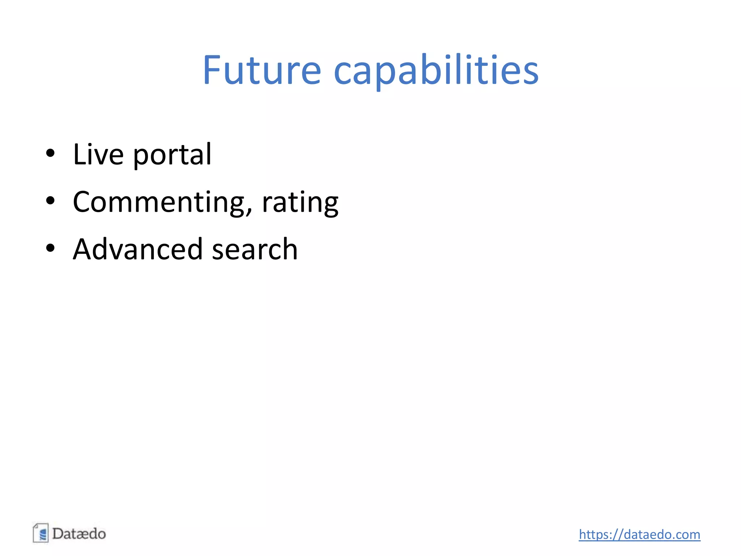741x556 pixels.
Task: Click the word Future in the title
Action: click(262, 70)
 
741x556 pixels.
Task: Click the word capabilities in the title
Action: click(436, 70)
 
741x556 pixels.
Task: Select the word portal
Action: click(172, 155)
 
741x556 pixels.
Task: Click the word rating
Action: click(300, 203)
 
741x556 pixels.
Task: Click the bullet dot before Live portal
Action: click(50, 153)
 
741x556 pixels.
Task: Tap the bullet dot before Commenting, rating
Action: click(50, 201)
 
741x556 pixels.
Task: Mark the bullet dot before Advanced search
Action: click(50, 248)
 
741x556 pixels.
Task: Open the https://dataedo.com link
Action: click(639, 534)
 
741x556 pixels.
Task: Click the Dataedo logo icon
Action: click(41, 533)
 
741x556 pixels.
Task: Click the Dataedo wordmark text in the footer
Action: click(79, 534)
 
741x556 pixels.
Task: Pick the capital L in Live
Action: click(79, 155)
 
